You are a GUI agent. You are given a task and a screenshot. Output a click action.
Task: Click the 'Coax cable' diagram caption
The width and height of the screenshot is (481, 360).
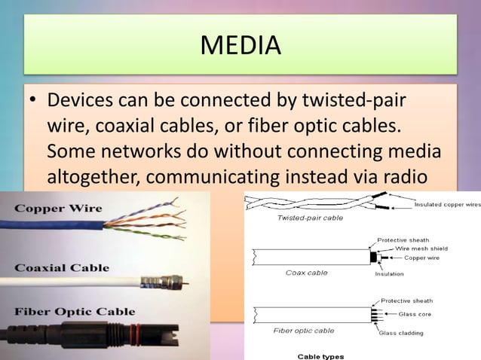[x=306, y=273]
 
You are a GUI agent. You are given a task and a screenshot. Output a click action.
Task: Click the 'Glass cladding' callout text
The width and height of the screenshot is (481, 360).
[x=401, y=333]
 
